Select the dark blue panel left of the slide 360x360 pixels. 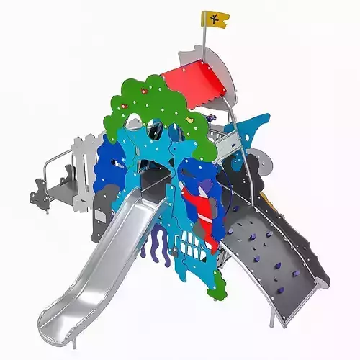[x=109, y=162]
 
